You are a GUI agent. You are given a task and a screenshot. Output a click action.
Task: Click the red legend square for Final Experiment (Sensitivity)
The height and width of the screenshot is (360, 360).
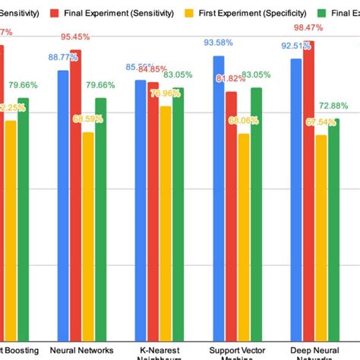(55, 14)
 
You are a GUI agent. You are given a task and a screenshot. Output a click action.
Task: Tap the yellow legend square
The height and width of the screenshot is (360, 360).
(191, 14)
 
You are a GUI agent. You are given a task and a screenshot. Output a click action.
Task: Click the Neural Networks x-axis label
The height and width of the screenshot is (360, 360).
(82, 350)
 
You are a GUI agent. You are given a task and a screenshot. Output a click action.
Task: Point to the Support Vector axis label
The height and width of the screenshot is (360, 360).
(235, 350)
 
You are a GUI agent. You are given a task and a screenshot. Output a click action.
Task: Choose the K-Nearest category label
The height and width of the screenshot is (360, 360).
(159, 350)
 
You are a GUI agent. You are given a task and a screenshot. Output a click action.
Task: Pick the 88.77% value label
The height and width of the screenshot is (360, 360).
(63, 57)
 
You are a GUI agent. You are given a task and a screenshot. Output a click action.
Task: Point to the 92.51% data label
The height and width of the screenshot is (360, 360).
(294, 46)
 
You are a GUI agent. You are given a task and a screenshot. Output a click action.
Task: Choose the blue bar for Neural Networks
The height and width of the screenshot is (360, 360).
(63, 205)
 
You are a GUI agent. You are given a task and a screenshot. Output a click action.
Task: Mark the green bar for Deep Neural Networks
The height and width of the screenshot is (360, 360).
(333, 228)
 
